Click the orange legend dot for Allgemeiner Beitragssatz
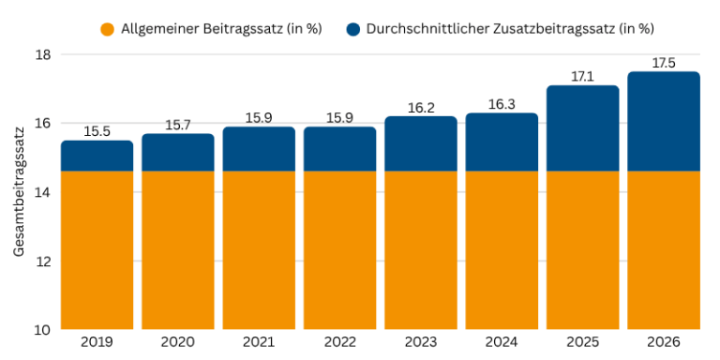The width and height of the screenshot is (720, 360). pos(108,28)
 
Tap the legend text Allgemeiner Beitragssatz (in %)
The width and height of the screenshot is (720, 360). pos(222,28)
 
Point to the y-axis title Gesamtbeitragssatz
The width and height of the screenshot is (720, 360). pos(19,193)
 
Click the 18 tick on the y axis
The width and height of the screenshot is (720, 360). pos(41,54)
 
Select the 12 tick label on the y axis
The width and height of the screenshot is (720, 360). pos(41,261)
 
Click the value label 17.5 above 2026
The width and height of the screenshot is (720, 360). pos(664,62)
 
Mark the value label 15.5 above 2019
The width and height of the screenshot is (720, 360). pos(97,131)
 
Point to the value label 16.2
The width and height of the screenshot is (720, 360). pos(421,107)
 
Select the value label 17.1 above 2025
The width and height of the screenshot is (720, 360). pos(583,76)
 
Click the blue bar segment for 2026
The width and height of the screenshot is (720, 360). pos(664,122)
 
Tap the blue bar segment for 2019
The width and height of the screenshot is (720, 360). pos(97,157)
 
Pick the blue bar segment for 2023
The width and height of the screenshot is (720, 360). pos(421,144)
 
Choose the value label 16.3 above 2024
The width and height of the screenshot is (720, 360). pos(502,104)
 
